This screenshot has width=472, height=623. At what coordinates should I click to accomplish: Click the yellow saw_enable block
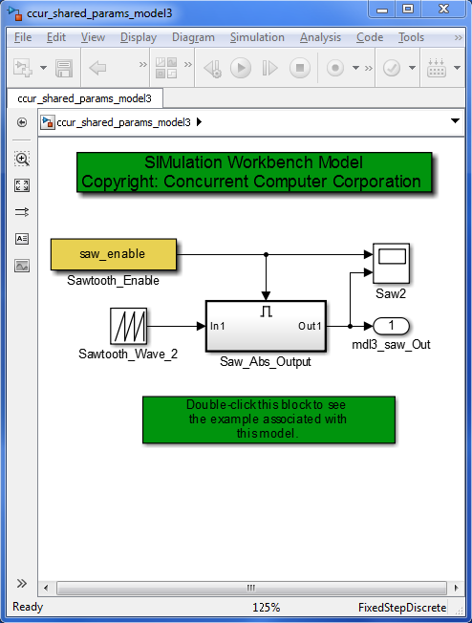click(x=113, y=254)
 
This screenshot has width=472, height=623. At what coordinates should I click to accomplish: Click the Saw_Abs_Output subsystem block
click(x=266, y=326)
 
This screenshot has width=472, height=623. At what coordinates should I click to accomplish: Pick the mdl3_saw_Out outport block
click(x=391, y=326)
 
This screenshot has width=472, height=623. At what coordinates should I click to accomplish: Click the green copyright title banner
click(x=254, y=172)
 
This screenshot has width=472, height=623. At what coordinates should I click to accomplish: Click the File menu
click(x=24, y=37)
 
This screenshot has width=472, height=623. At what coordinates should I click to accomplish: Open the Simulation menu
click(x=257, y=37)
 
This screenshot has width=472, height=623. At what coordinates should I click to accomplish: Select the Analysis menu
click(x=320, y=37)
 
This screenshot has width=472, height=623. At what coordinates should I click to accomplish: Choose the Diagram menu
click(x=193, y=37)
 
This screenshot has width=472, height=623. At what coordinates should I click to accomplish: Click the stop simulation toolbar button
click(x=299, y=68)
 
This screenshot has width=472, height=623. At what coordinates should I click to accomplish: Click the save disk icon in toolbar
click(x=64, y=68)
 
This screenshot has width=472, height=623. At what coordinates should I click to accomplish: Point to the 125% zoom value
click(x=266, y=608)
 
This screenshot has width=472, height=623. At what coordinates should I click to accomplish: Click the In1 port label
click(x=219, y=326)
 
